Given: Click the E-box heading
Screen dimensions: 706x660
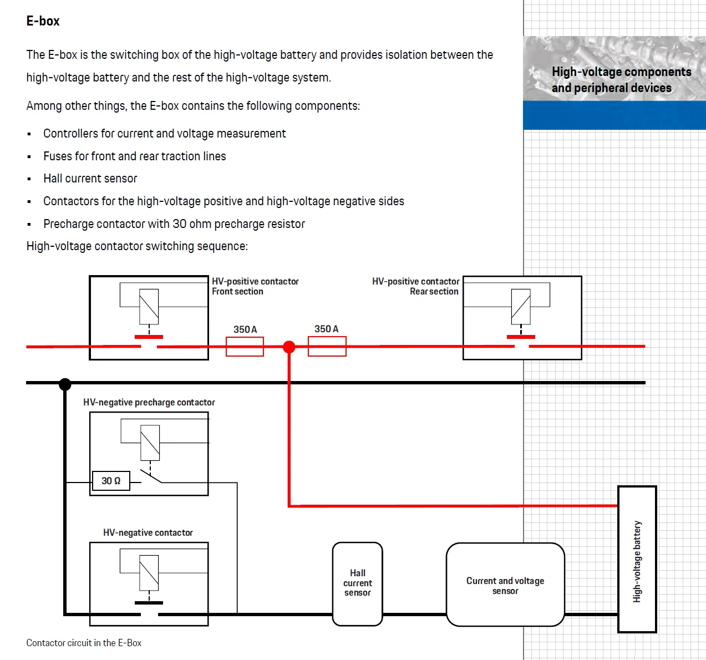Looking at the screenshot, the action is pyautogui.click(x=43, y=21).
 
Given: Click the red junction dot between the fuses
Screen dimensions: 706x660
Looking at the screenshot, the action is pyautogui.click(x=289, y=347).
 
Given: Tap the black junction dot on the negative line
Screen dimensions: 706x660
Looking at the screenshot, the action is pyautogui.click(x=65, y=384).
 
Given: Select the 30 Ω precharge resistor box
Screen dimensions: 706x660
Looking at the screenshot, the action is pyautogui.click(x=111, y=481).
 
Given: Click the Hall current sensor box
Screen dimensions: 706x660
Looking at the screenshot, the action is pyautogui.click(x=357, y=583).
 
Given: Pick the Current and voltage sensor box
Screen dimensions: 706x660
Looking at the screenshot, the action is pyautogui.click(x=505, y=584).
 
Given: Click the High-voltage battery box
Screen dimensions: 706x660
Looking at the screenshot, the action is pyautogui.click(x=637, y=559).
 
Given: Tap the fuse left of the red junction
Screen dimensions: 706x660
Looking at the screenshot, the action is pyautogui.click(x=245, y=346).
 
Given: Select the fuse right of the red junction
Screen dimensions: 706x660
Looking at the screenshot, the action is pyautogui.click(x=327, y=346).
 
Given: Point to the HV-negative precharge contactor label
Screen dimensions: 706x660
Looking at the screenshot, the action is pyautogui.click(x=149, y=402).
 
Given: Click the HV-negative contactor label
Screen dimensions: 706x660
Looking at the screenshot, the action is pyautogui.click(x=148, y=532).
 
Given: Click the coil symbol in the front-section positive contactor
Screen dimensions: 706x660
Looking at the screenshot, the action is pyautogui.click(x=149, y=307).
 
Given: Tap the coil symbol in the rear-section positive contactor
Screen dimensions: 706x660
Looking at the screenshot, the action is pyautogui.click(x=521, y=307).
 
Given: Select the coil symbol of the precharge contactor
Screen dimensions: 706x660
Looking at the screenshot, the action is pyautogui.click(x=150, y=443).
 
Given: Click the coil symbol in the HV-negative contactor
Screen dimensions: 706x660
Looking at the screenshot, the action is pyautogui.click(x=149, y=573).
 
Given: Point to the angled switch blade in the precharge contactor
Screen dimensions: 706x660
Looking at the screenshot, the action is pyautogui.click(x=151, y=476).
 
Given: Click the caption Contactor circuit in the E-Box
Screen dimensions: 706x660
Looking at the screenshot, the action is pyautogui.click(x=84, y=643).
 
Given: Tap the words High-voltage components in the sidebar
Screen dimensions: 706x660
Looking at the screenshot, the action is pyautogui.click(x=621, y=72).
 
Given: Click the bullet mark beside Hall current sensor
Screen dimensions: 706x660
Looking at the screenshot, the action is pyautogui.click(x=29, y=179).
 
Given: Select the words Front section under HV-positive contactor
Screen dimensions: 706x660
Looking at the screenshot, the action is pyautogui.click(x=237, y=291).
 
